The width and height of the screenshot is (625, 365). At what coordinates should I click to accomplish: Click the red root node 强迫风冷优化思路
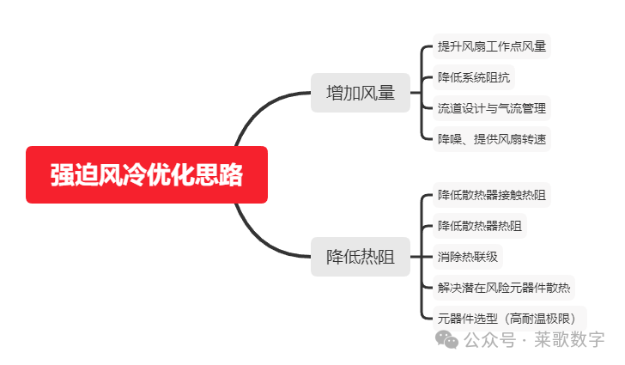(146, 174)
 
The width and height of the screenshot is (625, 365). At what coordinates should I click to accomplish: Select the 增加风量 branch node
(360, 92)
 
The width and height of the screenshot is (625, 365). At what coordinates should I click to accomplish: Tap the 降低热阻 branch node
(360, 257)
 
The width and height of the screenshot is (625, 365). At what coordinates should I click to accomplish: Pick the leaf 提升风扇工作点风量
(491, 46)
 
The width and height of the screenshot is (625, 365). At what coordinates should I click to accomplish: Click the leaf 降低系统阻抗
(473, 77)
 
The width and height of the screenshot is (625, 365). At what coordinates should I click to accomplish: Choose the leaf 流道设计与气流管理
(491, 108)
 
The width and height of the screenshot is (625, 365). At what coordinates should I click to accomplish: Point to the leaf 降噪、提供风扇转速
(491, 139)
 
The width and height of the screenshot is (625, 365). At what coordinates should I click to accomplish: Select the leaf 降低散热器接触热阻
(491, 195)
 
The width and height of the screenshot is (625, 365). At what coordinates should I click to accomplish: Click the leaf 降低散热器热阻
(479, 226)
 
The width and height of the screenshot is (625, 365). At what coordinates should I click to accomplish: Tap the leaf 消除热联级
(467, 257)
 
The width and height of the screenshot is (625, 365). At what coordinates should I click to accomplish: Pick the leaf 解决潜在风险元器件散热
(503, 288)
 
